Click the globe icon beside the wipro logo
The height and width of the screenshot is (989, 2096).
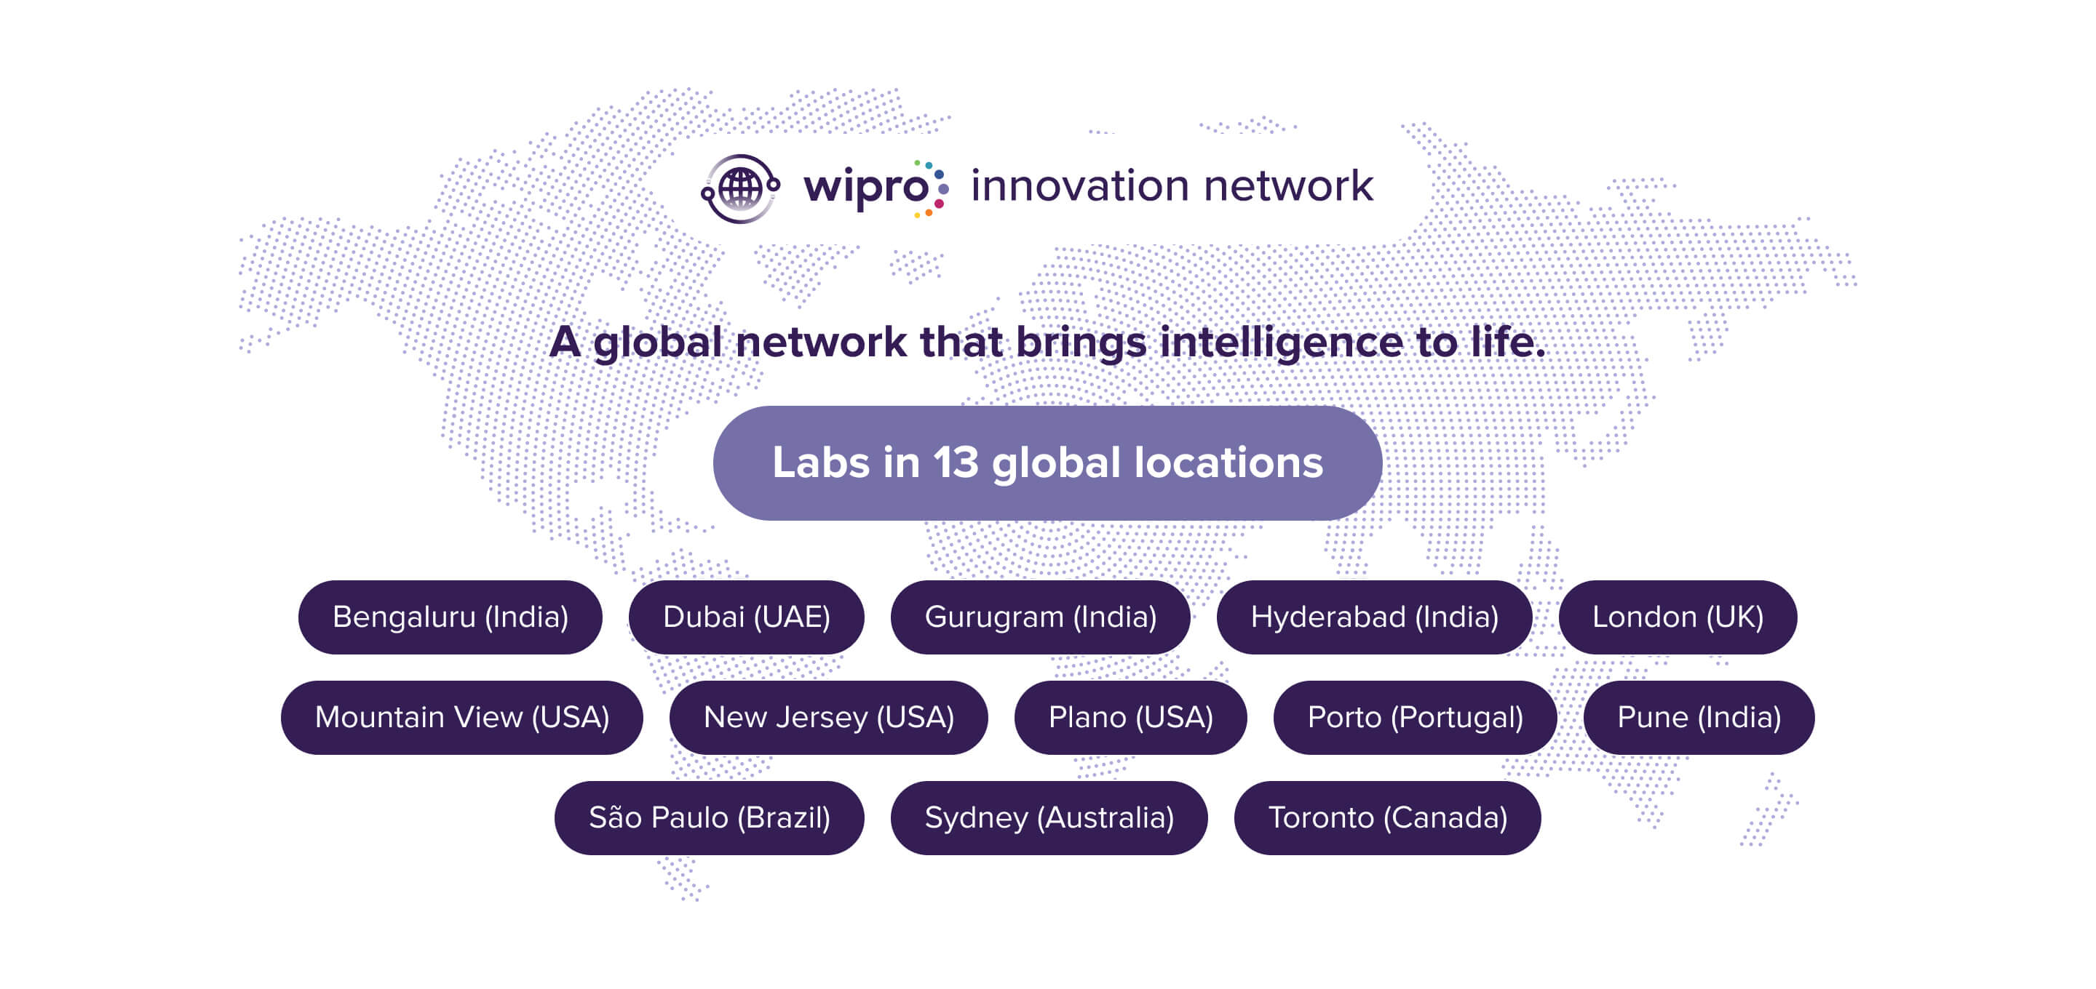pos(740,188)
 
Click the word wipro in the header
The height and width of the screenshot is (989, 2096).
pos(866,188)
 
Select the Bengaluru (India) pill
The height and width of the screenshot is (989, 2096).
pos(450,617)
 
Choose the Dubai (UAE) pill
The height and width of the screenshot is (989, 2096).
pos(746,617)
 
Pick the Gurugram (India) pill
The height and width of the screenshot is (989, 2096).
pos(1041,617)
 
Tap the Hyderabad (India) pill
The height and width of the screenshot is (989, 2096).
pos(1374,617)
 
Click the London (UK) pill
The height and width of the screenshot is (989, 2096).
pos(1678,617)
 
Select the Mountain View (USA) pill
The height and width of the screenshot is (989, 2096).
pos(462,717)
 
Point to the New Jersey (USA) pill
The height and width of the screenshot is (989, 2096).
pos(828,717)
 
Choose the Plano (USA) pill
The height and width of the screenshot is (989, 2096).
pos(1130,717)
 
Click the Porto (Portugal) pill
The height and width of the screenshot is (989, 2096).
pos(1415,717)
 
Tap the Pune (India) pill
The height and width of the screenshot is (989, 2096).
pos(1699,717)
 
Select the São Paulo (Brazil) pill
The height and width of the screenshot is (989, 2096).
pos(710,817)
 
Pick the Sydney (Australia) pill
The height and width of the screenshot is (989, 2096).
pos(1049,817)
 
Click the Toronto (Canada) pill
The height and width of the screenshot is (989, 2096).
pos(1387,817)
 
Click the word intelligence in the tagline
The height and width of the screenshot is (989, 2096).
pos(1282,343)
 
